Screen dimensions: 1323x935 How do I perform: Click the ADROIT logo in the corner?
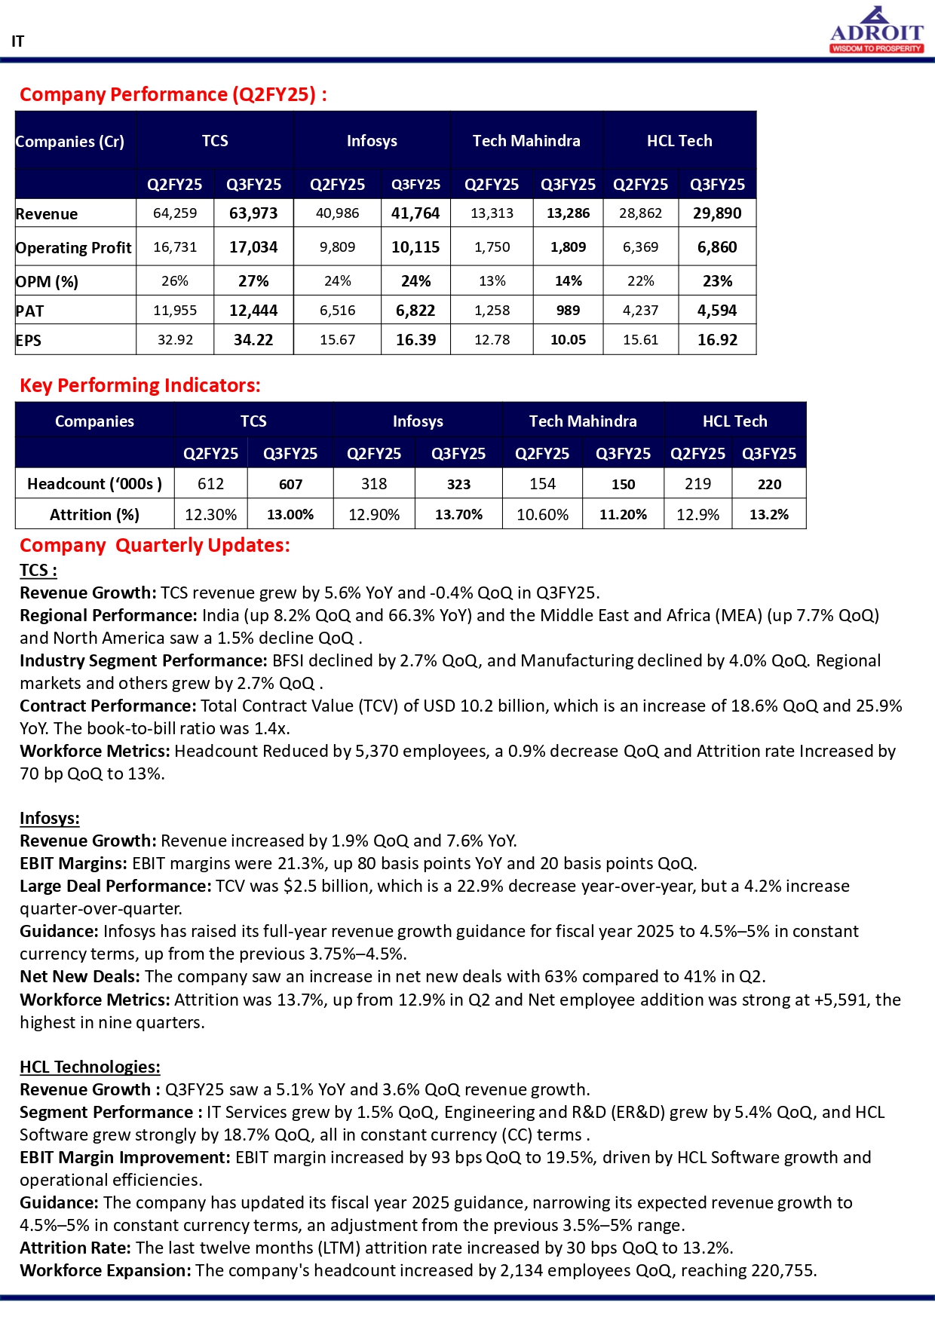[876, 30]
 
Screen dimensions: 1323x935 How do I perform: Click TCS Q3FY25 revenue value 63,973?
[253, 213]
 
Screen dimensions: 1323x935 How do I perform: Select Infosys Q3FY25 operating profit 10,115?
[415, 247]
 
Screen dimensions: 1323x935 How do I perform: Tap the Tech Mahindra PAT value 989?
[568, 311]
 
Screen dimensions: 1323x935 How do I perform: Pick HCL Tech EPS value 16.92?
[717, 340]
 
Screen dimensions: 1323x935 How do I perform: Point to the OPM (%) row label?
[47, 282]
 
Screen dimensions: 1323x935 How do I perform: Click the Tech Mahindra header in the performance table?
[526, 141]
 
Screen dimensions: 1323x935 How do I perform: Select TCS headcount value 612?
[210, 484]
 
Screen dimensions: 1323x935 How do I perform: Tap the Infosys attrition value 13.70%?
[458, 515]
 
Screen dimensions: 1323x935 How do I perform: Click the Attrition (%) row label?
[94, 515]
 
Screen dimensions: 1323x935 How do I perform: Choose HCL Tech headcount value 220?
[769, 485]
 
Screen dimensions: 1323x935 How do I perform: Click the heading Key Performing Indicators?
[139, 385]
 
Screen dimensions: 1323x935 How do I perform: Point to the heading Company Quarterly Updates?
[155, 545]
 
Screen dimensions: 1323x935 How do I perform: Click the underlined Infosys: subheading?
[50, 819]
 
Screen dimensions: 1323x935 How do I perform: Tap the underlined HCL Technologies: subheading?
[90, 1067]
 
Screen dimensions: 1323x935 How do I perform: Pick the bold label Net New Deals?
[80, 977]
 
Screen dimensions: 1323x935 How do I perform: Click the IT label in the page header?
[17, 41]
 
